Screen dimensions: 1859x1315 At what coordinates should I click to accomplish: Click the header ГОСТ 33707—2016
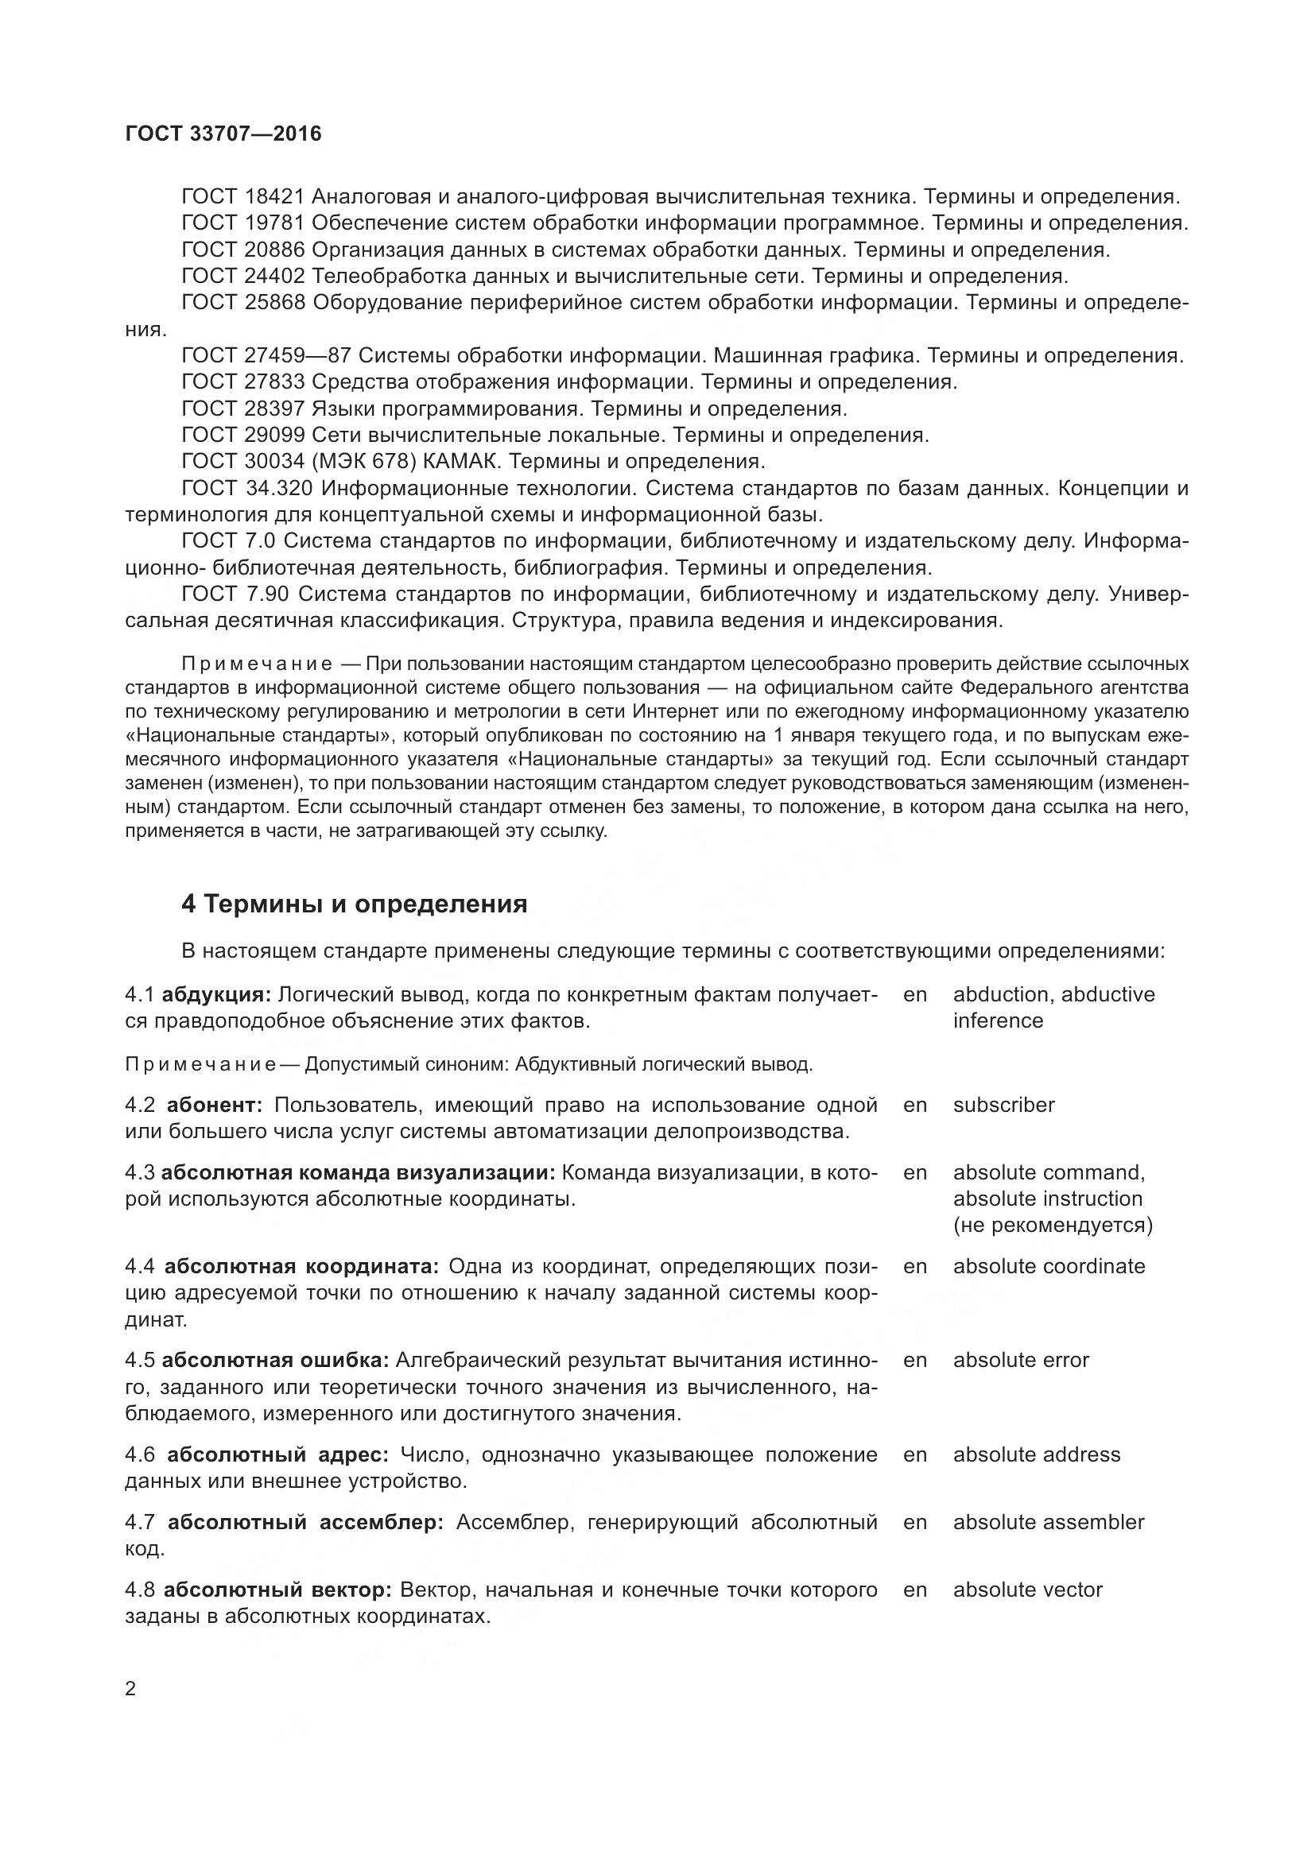click(x=223, y=134)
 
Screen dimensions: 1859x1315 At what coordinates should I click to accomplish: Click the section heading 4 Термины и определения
click(x=354, y=904)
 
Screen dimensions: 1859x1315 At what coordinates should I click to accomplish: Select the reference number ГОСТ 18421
click(x=243, y=197)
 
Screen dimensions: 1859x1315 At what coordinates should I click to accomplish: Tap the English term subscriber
click(x=1003, y=1105)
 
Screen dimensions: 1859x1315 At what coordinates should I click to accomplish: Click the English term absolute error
click(x=1020, y=1359)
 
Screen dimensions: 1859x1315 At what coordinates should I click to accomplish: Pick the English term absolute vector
click(x=1026, y=1590)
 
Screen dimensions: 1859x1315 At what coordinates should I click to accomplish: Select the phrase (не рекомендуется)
click(x=1052, y=1224)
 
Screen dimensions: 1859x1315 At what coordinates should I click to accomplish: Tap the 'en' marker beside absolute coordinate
click(x=914, y=1265)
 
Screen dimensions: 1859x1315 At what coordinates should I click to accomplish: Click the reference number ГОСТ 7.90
click(x=235, y=594)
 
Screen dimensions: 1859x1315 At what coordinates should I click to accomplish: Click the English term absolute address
click(x=1036, y=1454)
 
